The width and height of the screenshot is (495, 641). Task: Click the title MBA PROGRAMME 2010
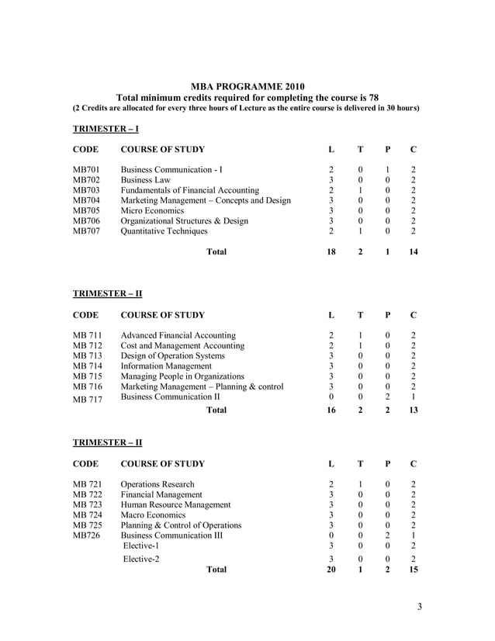tap(247, 86)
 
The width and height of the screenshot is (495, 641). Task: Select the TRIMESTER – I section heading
tap(106, 128)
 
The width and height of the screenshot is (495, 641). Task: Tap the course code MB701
tap(86, 169)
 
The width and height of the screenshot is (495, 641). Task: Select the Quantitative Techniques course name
tap(164, 230)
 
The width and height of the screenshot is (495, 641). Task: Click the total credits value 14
tap(413, 252)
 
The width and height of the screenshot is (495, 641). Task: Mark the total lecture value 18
tap(331, 252)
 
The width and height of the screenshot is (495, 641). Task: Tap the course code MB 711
tap(88, 335)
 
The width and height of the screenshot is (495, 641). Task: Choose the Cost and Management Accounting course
tap(182, 345)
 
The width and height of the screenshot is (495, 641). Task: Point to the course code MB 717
tap(88, 400)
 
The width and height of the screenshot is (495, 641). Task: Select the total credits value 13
tap(413, 411)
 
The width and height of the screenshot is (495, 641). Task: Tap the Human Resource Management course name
tap(176, 504)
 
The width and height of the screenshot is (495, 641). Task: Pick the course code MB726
tap(86, 535)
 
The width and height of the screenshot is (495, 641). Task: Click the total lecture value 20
tap(331, 570)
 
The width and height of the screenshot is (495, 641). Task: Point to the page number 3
tap(419, 607)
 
